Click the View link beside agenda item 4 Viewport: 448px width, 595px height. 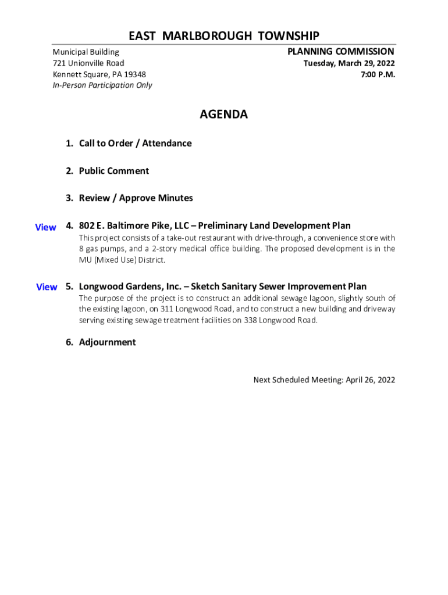pos(45,227)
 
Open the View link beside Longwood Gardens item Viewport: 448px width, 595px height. pos(47,287)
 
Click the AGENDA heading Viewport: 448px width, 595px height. pos(223,114)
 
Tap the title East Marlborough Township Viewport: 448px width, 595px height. pos(223,36)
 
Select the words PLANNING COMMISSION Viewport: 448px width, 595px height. pos(340,52)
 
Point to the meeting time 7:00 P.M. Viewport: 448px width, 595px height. pos(378,74)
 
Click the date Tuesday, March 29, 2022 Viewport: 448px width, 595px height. pos(349,63)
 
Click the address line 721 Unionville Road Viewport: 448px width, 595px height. pos(88,63)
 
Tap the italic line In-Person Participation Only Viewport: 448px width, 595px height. pos(102,85)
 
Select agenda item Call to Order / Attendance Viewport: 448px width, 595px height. pos(135,144)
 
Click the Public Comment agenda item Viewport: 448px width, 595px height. pos(113,171)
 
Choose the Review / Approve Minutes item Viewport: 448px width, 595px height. pos(136,198)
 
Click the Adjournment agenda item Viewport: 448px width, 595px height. pos(107,342)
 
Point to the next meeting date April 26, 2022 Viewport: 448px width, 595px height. pos(370,380)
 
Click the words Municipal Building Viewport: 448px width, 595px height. pos(86,52)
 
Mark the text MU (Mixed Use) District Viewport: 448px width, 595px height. pos(122,260)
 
